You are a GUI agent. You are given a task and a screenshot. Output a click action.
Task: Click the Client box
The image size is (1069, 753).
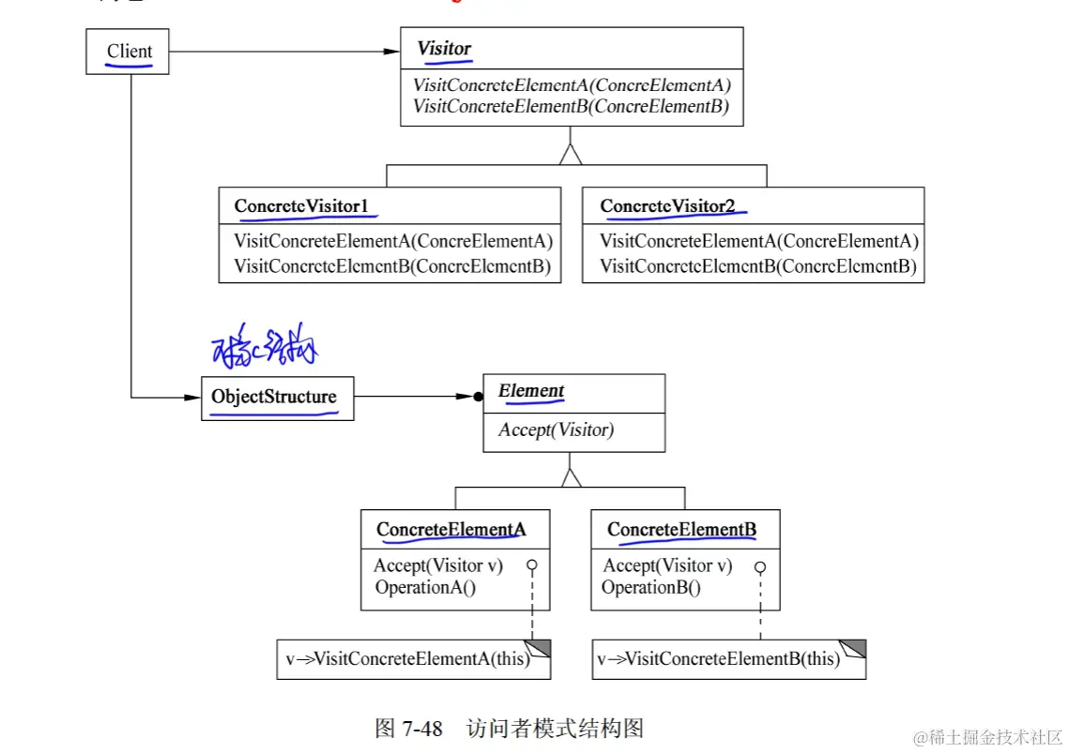129,52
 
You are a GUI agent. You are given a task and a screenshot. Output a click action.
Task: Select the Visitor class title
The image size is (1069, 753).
444,48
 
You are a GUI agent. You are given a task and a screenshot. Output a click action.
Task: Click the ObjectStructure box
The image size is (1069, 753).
273,397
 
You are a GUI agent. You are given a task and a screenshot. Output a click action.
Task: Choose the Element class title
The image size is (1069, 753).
531,391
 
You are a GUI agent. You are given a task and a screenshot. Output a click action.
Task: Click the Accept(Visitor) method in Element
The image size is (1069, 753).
556,430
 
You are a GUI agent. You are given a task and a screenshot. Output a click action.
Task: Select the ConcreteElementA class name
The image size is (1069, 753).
451,530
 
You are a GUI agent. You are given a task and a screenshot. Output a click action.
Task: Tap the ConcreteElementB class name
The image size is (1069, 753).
681,530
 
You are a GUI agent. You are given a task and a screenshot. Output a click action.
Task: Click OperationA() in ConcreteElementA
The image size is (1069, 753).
425,588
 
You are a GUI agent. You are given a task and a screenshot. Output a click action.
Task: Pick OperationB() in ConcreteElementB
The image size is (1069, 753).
651,588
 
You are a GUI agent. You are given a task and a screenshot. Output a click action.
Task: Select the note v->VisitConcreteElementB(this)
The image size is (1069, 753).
718,658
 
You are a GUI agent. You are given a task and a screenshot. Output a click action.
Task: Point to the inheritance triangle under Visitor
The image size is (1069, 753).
571,155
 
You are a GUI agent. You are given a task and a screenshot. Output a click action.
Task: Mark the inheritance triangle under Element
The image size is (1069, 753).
571,476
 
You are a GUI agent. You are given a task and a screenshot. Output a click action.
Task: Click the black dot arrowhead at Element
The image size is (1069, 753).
477,397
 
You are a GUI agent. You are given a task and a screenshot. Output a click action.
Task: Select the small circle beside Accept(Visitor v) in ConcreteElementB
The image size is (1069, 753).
760,567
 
